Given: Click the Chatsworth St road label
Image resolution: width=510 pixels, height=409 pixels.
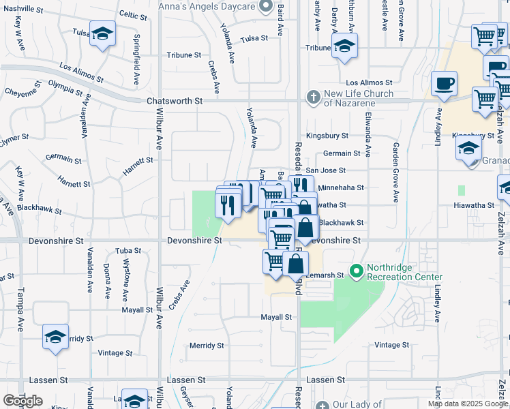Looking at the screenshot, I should [x=175, y=101].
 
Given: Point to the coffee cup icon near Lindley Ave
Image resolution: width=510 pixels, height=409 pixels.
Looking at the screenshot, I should [x=444, y=84].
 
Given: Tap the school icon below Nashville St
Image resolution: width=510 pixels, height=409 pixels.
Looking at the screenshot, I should [x=102, y=33].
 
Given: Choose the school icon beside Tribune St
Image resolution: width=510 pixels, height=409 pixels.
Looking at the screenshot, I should [x=344, y=46].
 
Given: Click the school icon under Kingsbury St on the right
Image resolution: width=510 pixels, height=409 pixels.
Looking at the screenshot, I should [x=470, y=148].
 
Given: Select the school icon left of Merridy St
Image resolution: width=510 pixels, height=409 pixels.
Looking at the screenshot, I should [x=56, y=336].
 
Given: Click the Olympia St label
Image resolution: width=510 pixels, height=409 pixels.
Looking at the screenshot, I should [x=65, y=87].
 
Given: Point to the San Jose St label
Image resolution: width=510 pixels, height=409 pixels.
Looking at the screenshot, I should [x=326, y=170].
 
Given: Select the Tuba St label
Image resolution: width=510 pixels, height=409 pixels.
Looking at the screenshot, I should [x=128, y=251].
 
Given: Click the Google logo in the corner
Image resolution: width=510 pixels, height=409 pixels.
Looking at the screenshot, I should [x=23, y=400].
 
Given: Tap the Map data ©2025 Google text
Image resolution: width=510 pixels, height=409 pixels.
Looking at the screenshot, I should [x=468, y=404].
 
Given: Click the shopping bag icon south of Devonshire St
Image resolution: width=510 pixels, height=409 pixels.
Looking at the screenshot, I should [x=295, y=262].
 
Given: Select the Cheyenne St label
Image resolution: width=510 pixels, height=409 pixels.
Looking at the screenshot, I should [x=25, y=92].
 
